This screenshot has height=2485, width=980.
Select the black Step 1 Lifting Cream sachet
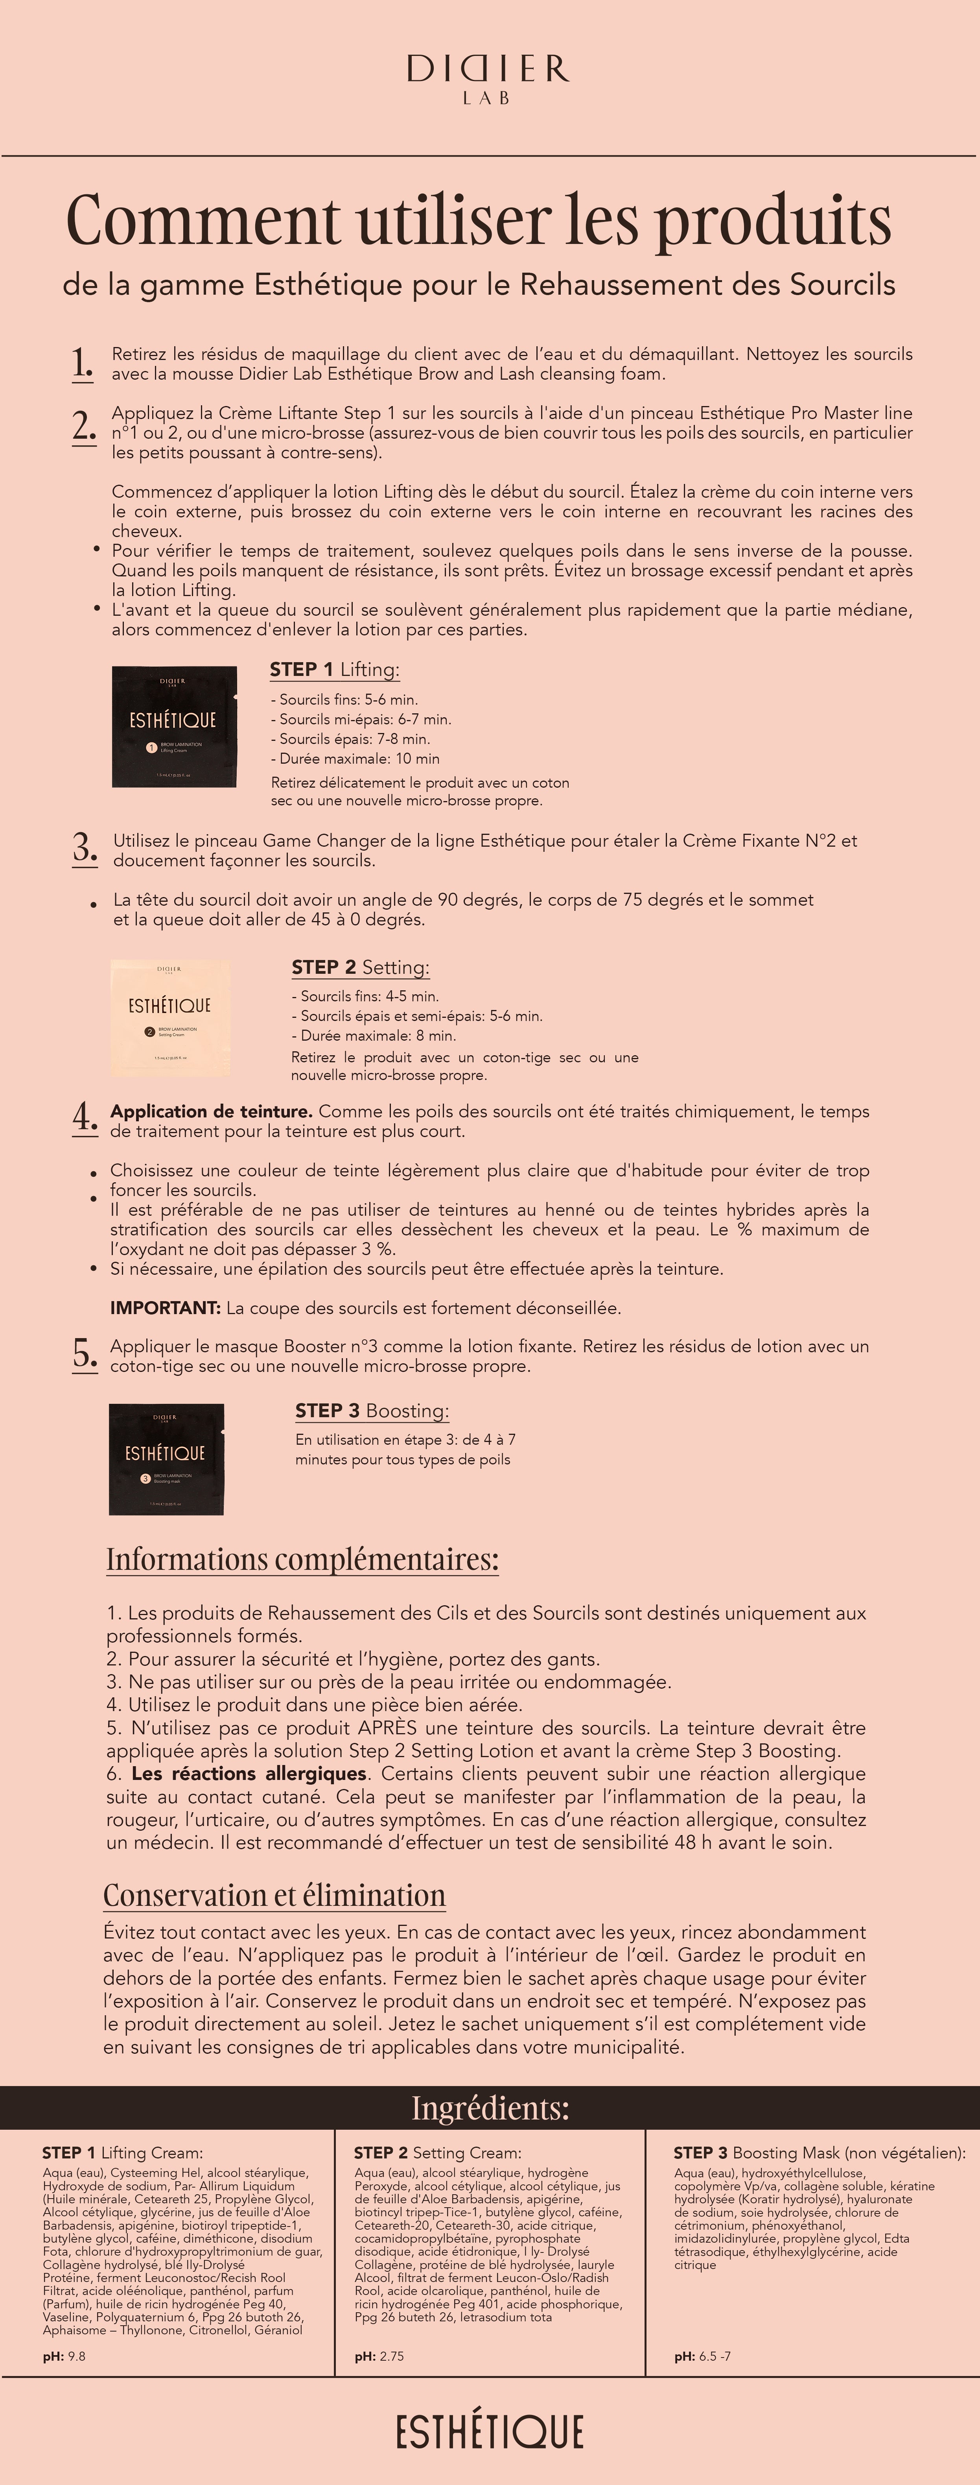coord(173,726)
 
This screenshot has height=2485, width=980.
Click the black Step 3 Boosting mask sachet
coord(166,1459)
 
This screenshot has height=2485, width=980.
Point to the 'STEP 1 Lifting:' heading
coord(334,670)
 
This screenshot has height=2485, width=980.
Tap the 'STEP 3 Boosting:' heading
coord(371,1411)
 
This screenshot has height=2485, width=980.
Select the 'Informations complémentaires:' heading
coord(302,1559)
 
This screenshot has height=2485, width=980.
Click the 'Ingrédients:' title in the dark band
coord(490,2108)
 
